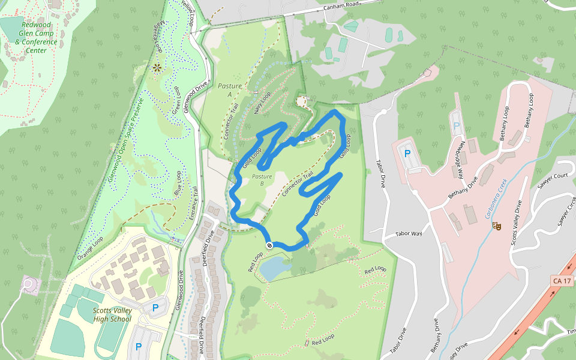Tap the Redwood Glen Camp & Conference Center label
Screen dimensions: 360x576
[x=36, y=38]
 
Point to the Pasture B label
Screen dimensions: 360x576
[x=262, y=180]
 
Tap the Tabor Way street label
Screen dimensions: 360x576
[x=409, y=234]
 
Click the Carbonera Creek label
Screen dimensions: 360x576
[x=496, y=198]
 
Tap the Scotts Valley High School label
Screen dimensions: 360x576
[x=112, y=314]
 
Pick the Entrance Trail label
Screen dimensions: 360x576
[x=194, y=203]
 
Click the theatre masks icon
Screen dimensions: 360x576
[x=496, y=226]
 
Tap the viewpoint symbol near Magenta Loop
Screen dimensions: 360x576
[x=157, y=68]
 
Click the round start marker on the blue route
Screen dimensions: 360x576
[x=269, y=245]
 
